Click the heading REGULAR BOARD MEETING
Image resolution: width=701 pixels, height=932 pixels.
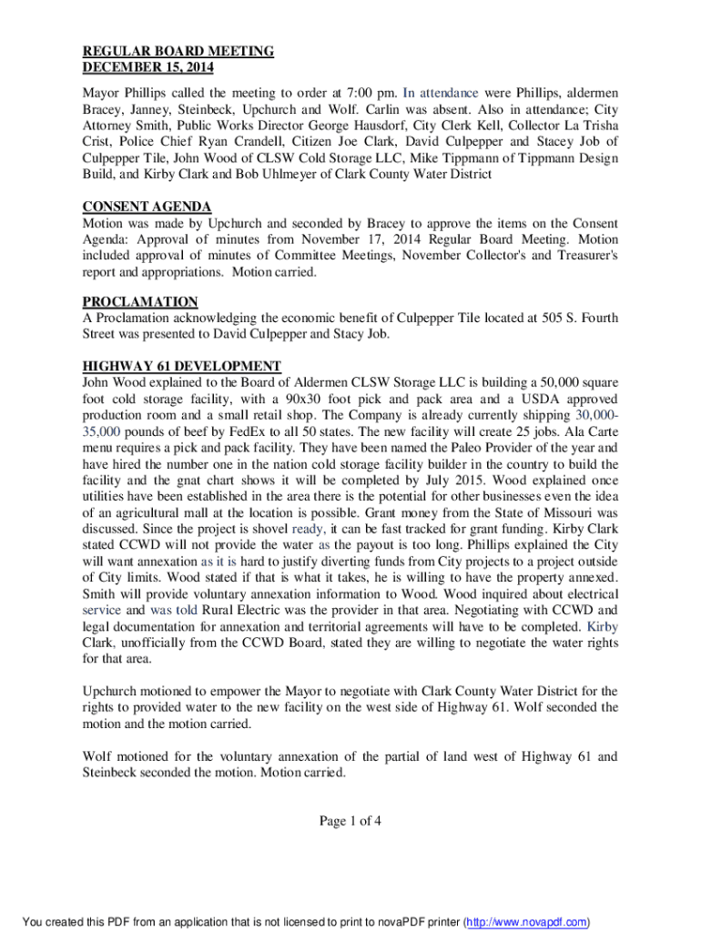point(178,51)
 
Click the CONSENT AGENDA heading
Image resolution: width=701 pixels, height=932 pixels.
point(147,207)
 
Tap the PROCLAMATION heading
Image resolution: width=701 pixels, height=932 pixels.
point(140,301)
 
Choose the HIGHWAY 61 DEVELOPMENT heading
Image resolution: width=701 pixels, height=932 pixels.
point(182,366)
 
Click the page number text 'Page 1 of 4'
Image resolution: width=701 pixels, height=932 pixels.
point(350,822)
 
